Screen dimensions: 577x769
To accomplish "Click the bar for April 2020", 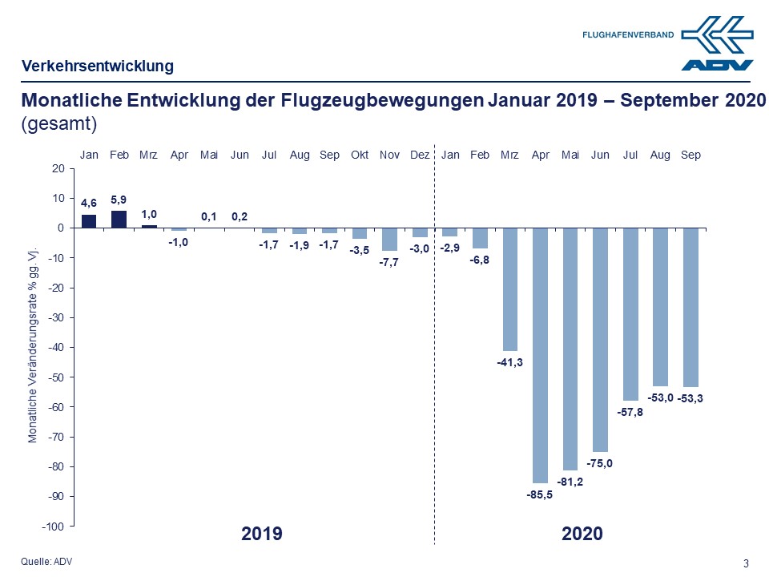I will point(541,355).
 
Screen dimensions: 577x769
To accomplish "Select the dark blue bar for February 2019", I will point(119,219).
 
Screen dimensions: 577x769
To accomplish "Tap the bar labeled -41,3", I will point(510,289).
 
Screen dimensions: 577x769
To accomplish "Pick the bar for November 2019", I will point(389,240).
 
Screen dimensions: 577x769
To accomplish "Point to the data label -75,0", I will point(601,464).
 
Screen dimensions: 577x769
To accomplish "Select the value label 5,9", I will point(119,199).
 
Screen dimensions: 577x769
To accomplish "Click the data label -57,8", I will point(630,413).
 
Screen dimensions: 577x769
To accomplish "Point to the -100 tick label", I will point(53,527).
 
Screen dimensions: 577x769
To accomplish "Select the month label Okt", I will point(360,155).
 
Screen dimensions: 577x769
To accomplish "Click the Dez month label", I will point(420,155).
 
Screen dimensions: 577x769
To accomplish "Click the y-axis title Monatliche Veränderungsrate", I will point(33,344).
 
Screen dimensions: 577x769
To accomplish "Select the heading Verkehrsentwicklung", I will point(97,66).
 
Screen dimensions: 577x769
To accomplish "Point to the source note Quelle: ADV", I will point(46,561).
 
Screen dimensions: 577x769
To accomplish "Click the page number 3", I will point(747,563).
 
